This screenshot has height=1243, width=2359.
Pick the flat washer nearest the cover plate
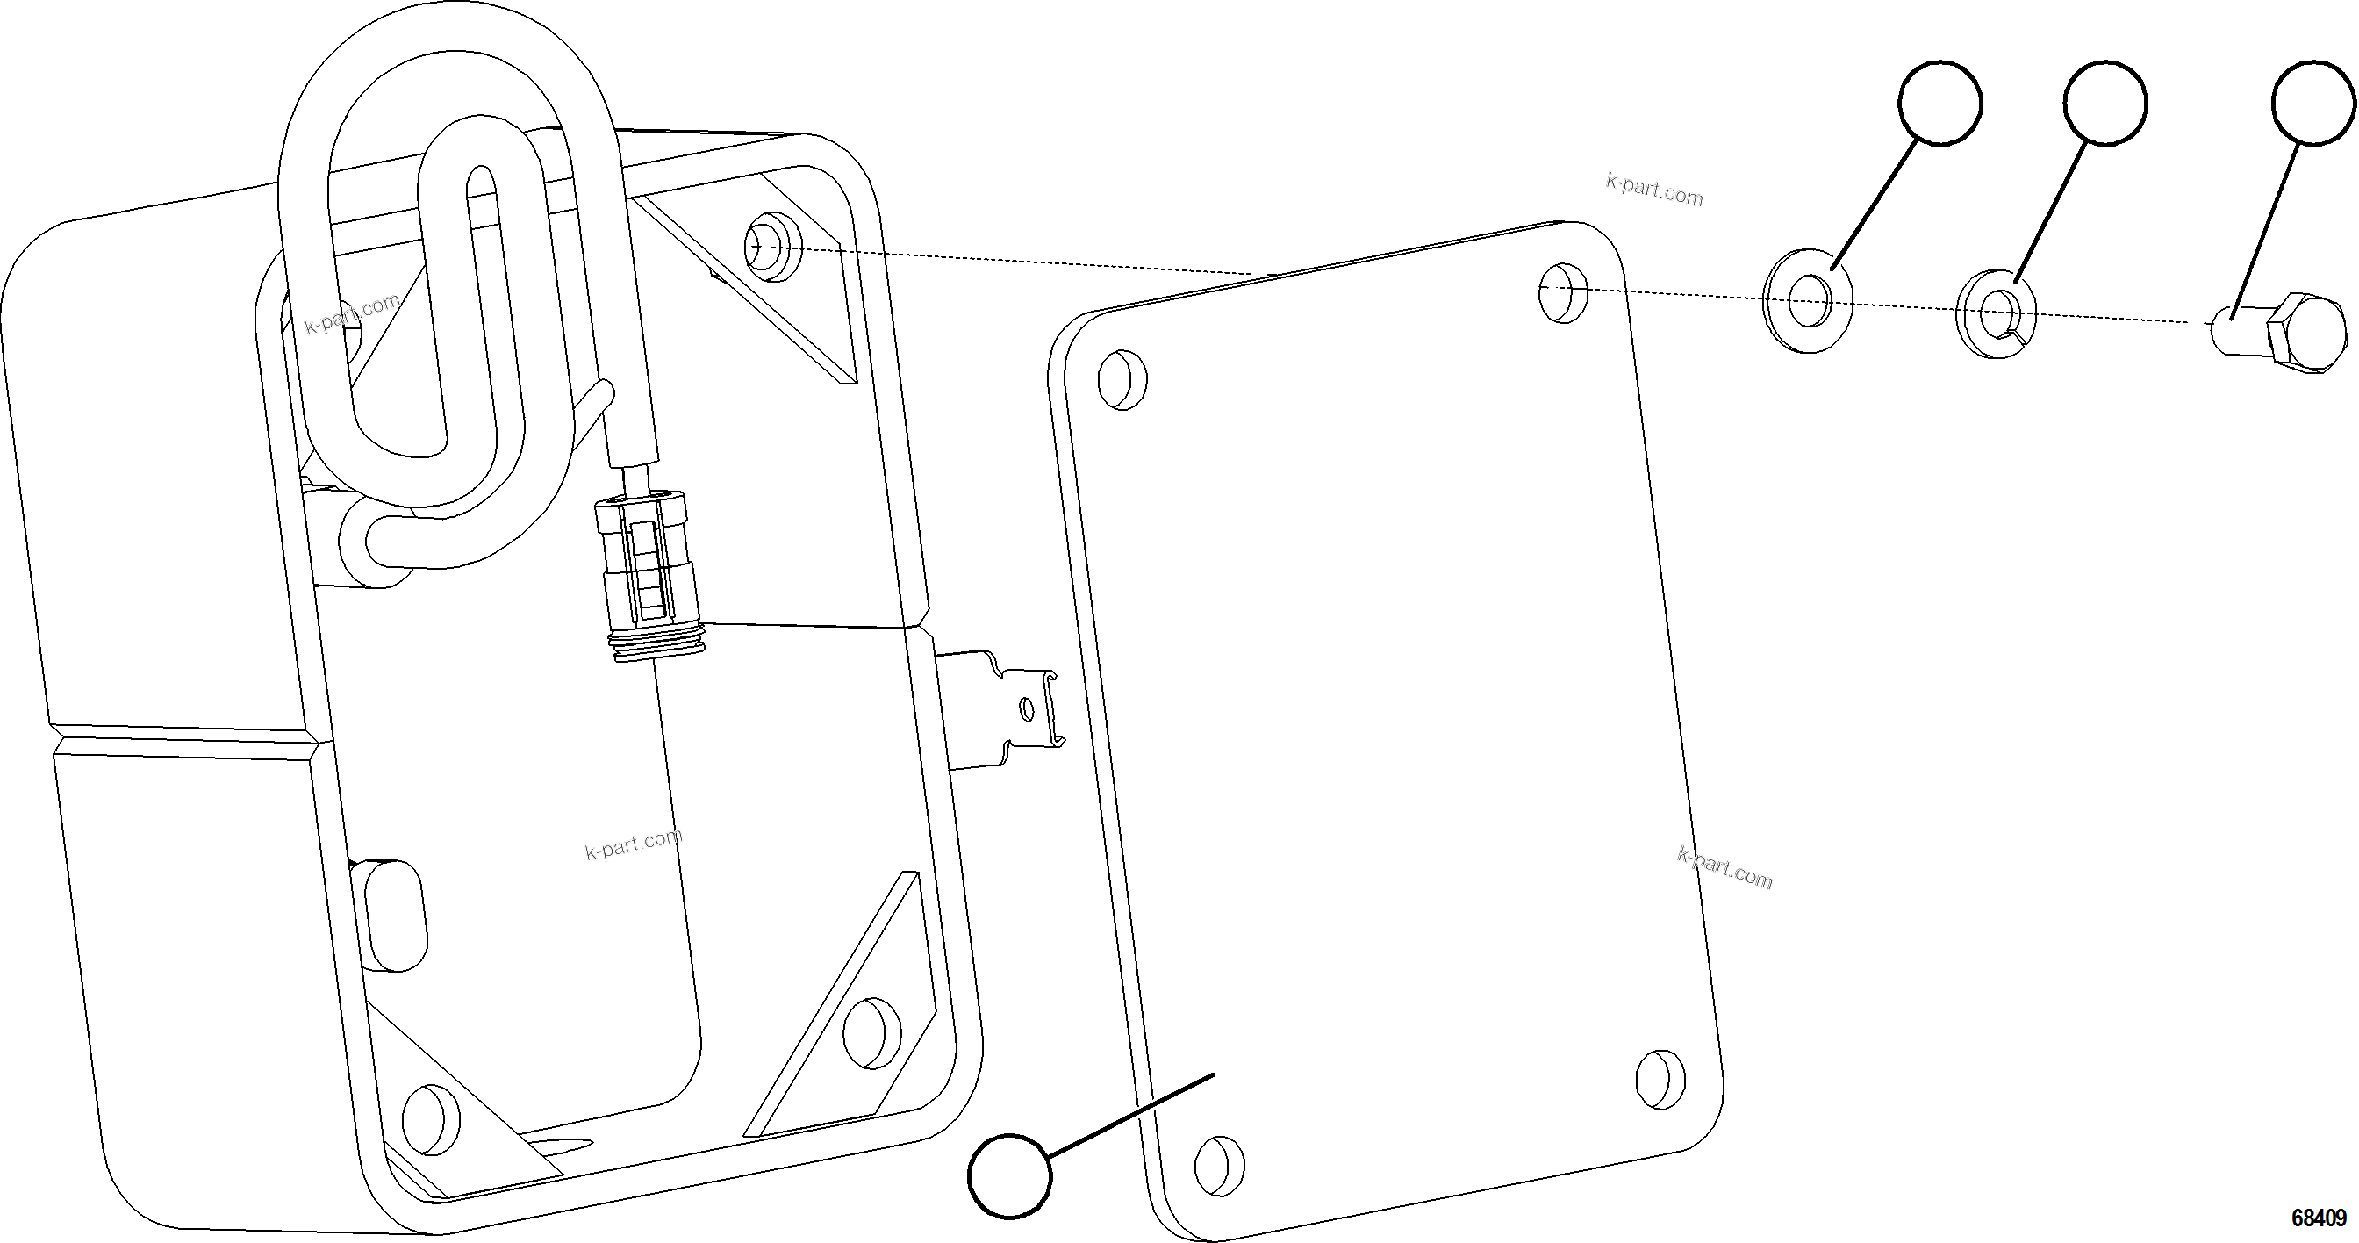pyautogui.click(x=1807, y=299)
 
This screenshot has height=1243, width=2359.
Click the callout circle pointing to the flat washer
pyautogui.click(x=1940, y=104)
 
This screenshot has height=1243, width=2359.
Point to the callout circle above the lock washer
pyautogui.click(x=2105, y=104)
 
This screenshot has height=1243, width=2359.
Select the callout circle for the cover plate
pyautogui.click(x=1010, y=1175)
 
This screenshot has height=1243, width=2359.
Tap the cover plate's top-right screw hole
pyautogui.click(x=1563, y=292)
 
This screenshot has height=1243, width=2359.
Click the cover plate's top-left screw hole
pyautogui.click(x=1122, y=378)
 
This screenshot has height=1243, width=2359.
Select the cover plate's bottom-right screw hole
pyautogui.click(x=1660, y=1080)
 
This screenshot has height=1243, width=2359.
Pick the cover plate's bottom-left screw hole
pyautogui.click(x=1220, y=1166)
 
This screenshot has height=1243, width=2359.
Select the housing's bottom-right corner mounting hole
pyautogui.click(x=870, y=1032)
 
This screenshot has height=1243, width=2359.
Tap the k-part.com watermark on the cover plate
pyautogui.click(x=1724, y=867)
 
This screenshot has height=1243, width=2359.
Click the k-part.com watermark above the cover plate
pyautogui.click(x=1654, y=190)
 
